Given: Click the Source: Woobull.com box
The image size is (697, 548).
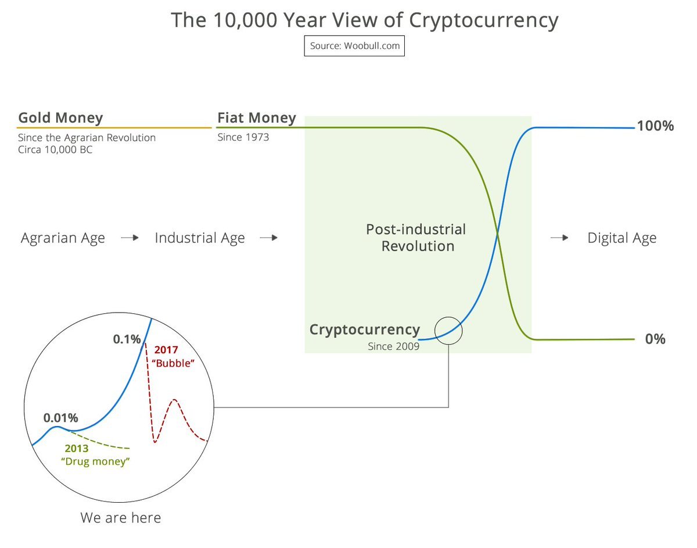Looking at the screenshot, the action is (x=354, y=46).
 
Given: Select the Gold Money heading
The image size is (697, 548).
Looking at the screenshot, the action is (x=60, y=118).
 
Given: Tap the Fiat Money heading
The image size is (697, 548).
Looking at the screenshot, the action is (x=257, y=118).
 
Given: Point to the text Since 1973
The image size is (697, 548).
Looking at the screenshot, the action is (x=243, y=137).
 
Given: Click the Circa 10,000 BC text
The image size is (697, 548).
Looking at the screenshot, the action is (x=55, y=149).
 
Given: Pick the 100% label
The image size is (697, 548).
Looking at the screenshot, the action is (x=655, y=126).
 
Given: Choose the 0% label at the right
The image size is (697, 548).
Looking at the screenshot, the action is (x=655, y=339).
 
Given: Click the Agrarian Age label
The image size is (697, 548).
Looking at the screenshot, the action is (x=63, y=238).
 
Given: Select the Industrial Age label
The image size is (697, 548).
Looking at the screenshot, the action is (x=200, y=238).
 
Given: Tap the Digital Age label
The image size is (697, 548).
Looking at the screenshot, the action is (x=622, y=238).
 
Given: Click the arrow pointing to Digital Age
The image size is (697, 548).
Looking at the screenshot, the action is (x=559, y=238).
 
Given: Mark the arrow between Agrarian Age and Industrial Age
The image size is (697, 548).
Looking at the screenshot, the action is (x=130, y=238).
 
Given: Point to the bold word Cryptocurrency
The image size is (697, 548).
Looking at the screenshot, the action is (x=365, y=330).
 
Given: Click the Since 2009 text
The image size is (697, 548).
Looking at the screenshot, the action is (x=394, y=346).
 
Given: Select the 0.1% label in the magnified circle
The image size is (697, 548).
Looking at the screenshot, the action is (x=127, y=339).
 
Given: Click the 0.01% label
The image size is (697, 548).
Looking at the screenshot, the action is (x=61, y=418).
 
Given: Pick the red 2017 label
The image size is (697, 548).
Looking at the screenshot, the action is (x=166, y=350).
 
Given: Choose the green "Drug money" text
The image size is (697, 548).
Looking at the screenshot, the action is (x=95, y=461).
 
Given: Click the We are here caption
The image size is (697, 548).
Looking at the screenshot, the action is (x=121, y=518).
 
